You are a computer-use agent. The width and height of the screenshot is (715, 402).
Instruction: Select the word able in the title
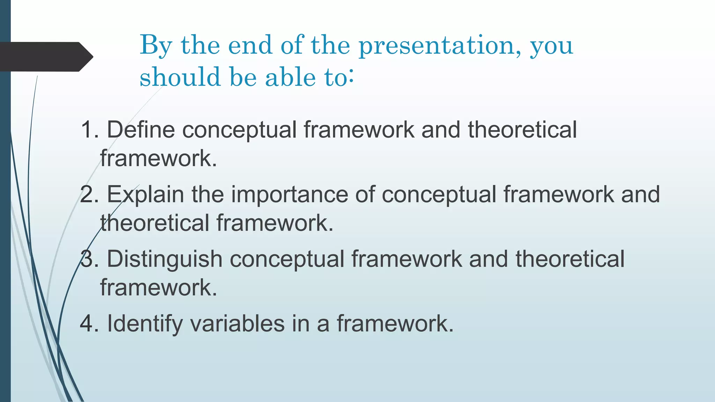[x=290, y=77]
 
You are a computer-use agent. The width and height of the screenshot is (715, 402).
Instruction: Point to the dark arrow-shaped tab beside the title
[x=45, y=57]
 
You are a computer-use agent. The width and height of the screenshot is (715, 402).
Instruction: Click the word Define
[x=140, y=130]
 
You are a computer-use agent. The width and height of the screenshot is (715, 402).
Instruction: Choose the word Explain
[x=145, y=194]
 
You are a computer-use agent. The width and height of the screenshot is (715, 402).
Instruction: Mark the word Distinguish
[x=164, y=259]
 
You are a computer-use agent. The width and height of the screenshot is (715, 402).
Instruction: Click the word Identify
[x=145, y=323]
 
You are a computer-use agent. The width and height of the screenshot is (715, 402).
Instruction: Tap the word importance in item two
[x=289, y=194]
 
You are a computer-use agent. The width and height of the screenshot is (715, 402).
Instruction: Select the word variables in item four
[x=237, y=323]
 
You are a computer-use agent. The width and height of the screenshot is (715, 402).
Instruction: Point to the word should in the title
[x=180, y=77]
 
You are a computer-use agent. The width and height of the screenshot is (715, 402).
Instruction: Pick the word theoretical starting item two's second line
[x=155, y=223]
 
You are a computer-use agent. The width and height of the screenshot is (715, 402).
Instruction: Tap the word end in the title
[x=250, y=45]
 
